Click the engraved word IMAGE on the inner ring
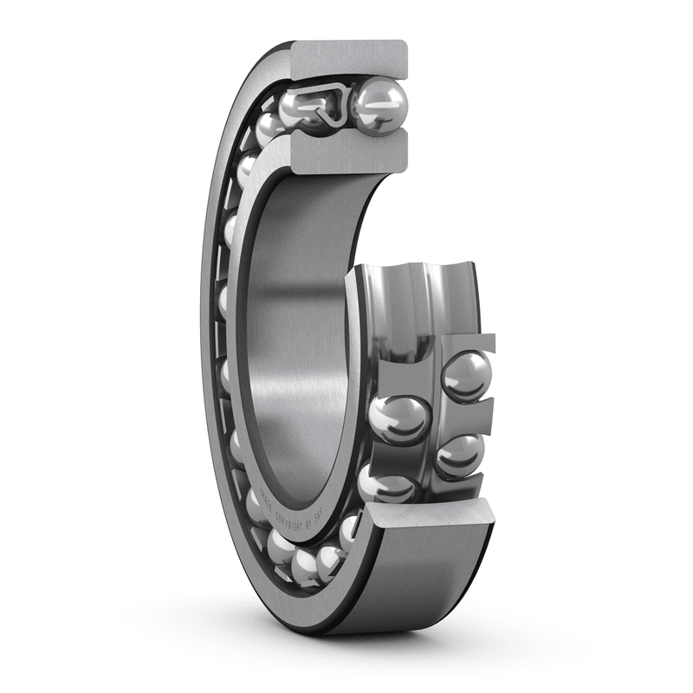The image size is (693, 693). coord(261,503)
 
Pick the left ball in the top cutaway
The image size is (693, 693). coord(303,108)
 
